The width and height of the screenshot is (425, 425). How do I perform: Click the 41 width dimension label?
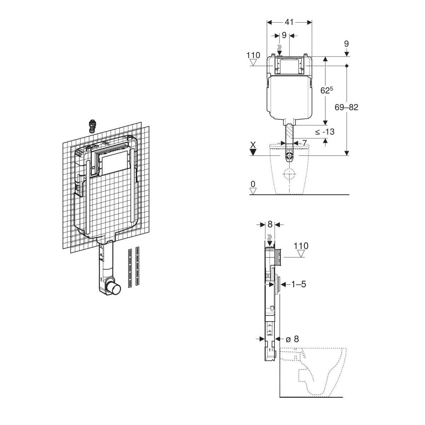tap(289, 22)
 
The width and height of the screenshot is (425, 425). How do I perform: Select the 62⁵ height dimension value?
tap(327, 90)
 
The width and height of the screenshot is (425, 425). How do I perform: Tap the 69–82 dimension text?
tap(346, 107)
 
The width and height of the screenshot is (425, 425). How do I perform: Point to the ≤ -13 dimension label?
tap(325, 132)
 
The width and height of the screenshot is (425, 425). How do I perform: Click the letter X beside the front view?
tap(253, 145)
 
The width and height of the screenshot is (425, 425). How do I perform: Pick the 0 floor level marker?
tap(253, 184)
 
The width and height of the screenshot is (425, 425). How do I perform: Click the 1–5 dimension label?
tap(299, 284)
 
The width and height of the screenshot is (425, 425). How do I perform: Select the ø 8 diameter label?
tap(292, 339)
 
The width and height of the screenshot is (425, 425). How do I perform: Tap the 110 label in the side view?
tap(301, 246)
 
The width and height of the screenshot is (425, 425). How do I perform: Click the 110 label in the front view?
tap(253, 55)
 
